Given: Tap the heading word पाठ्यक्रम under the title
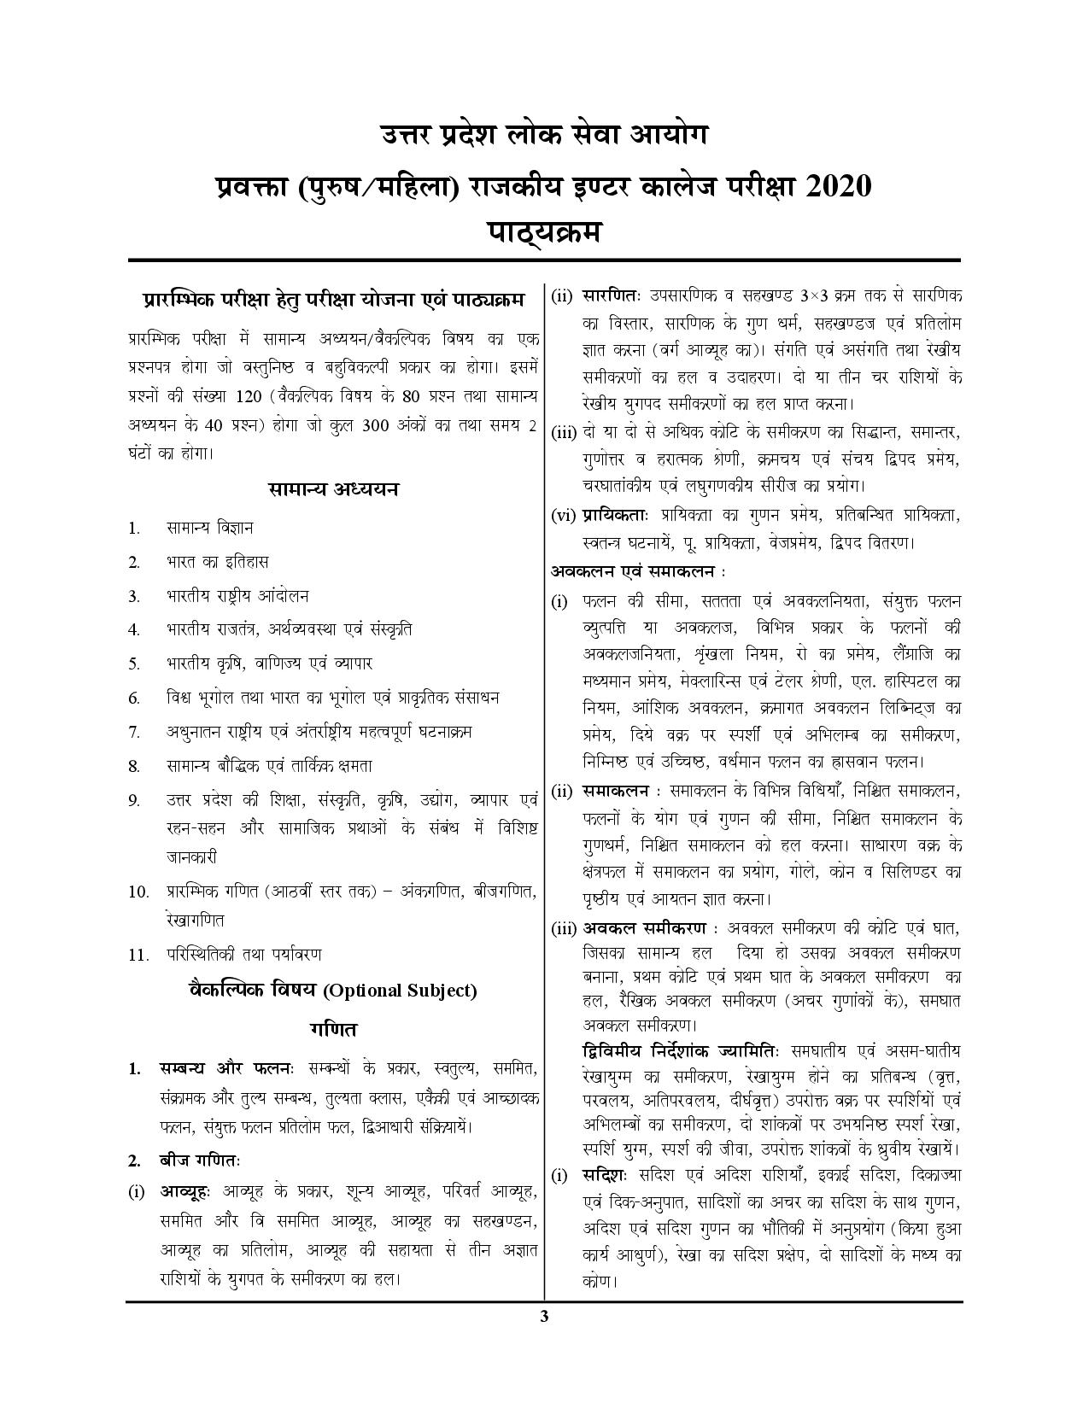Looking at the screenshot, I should point(543,231).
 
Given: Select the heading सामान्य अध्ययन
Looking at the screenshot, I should point(333,489).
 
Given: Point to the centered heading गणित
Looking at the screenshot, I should point(333,1028).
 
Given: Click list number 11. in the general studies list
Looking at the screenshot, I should point(139,955).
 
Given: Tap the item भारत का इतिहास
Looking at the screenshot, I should point(217,562).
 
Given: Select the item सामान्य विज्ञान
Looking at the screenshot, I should point(209,529).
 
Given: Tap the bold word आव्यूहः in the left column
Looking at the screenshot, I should point(185,1191).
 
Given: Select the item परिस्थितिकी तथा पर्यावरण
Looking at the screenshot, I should point(244,955).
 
